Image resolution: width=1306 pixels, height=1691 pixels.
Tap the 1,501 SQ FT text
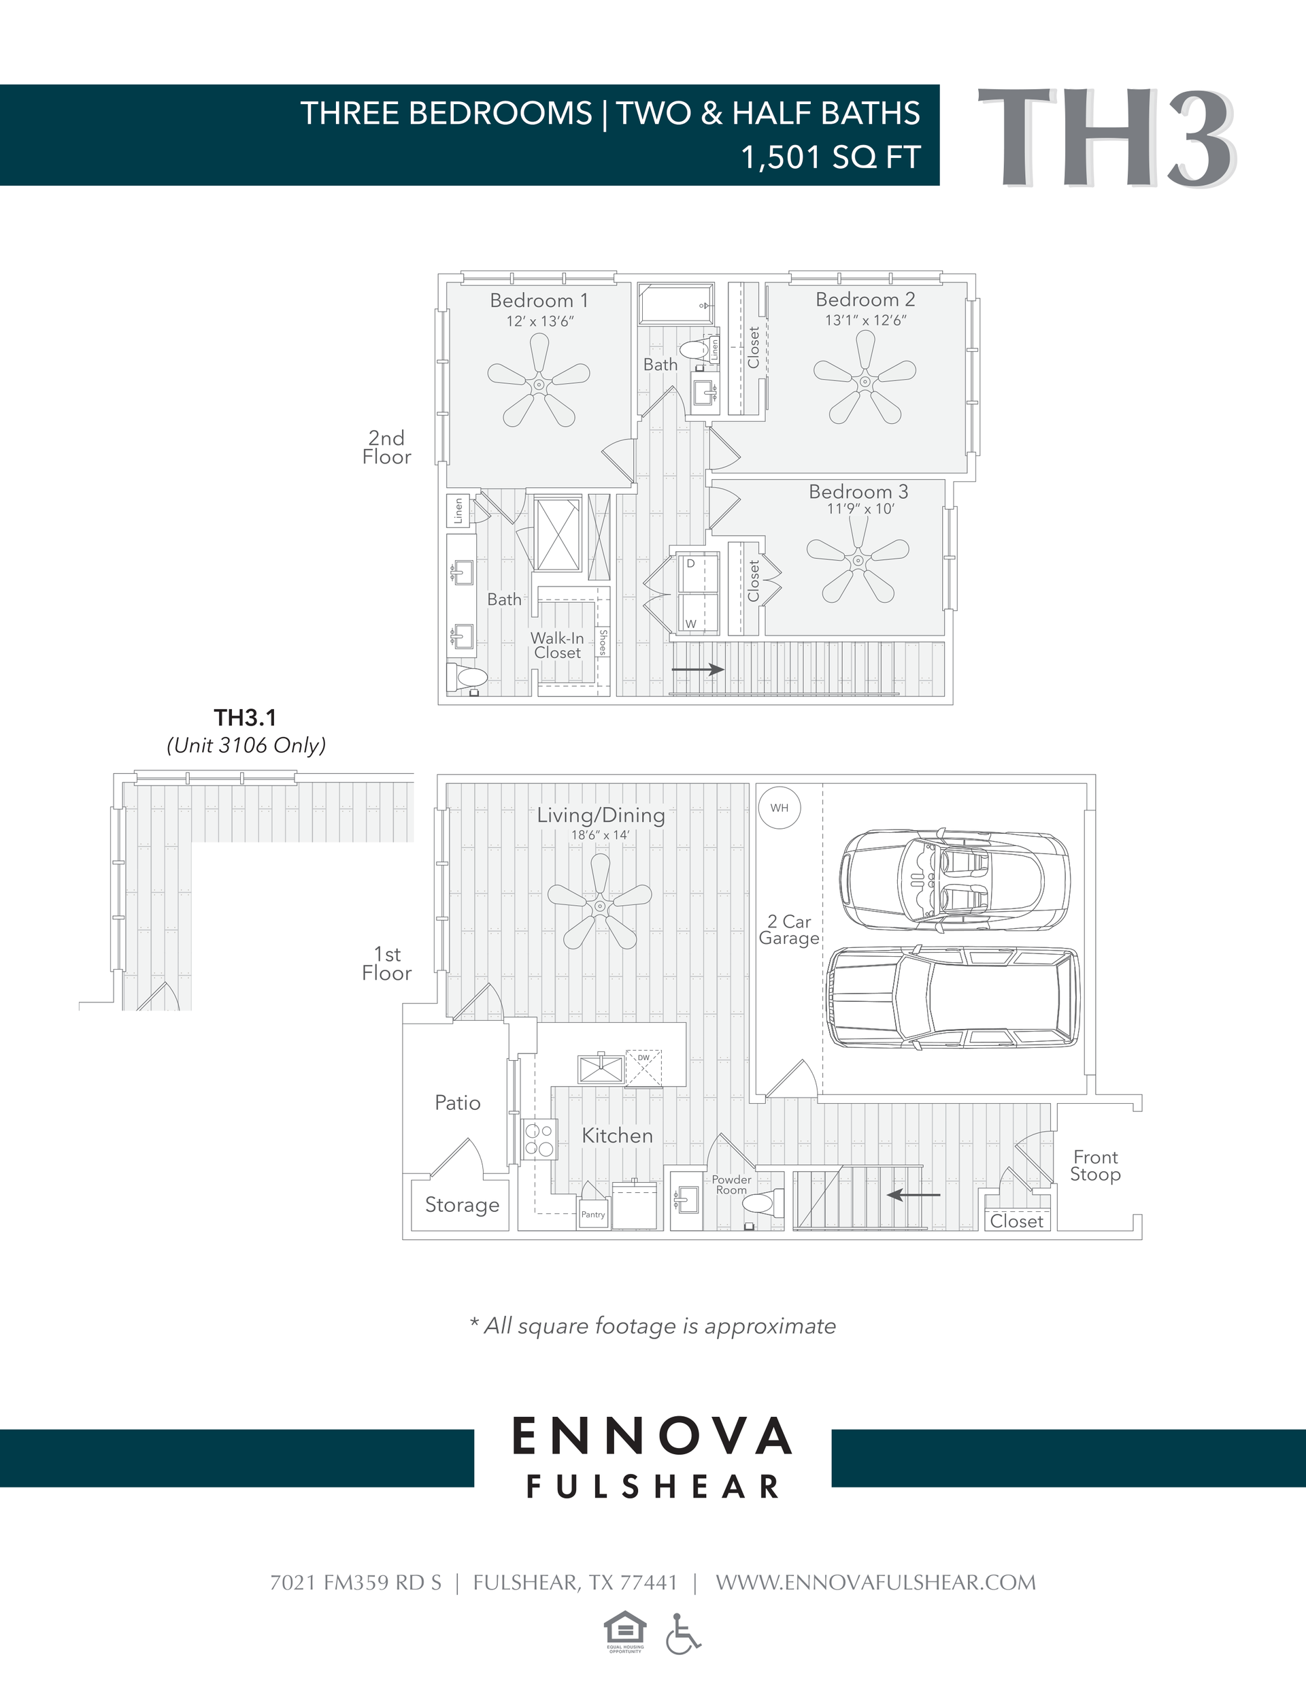(830, 157)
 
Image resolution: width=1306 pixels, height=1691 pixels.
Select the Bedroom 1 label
(539, 300)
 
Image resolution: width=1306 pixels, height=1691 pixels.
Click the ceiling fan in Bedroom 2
(865, 380)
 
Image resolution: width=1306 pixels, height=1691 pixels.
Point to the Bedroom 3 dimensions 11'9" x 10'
(860, 509)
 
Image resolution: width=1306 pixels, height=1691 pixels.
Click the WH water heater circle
(779, 808)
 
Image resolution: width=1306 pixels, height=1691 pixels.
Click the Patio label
(458, 1102)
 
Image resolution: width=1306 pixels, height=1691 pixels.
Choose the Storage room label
(462, 1204)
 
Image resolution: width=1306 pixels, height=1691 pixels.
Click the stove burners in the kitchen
(539, 1139)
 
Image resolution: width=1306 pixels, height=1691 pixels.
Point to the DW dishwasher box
(643, 1068)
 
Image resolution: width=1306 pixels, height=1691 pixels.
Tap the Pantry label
(593, 1214)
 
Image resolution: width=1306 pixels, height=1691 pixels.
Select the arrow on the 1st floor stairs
(914, 1195)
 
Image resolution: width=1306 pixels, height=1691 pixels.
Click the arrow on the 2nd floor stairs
(697, 669)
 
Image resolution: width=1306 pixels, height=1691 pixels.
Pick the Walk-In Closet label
(557, 645)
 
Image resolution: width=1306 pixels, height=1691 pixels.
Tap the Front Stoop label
(1095, 1165)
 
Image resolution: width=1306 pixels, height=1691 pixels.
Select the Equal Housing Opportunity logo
(624, 1632)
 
